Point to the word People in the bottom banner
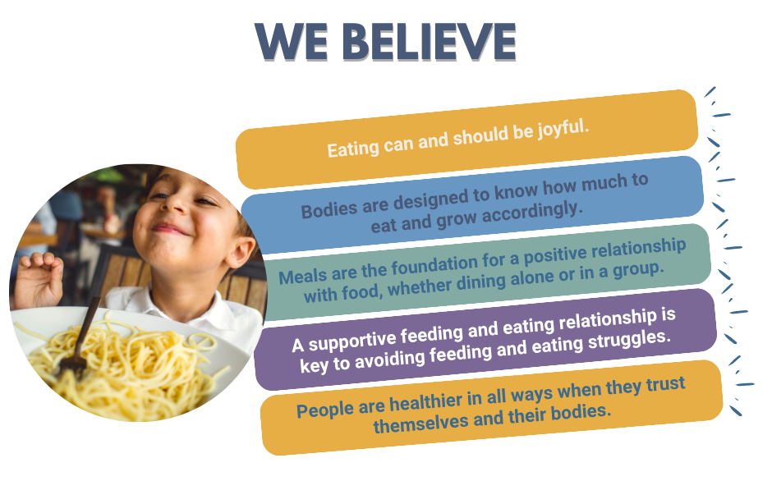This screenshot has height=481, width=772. tap(325, 410)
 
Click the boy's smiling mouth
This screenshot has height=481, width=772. tap(168, 229)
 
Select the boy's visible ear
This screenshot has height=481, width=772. tap(242, 251)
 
